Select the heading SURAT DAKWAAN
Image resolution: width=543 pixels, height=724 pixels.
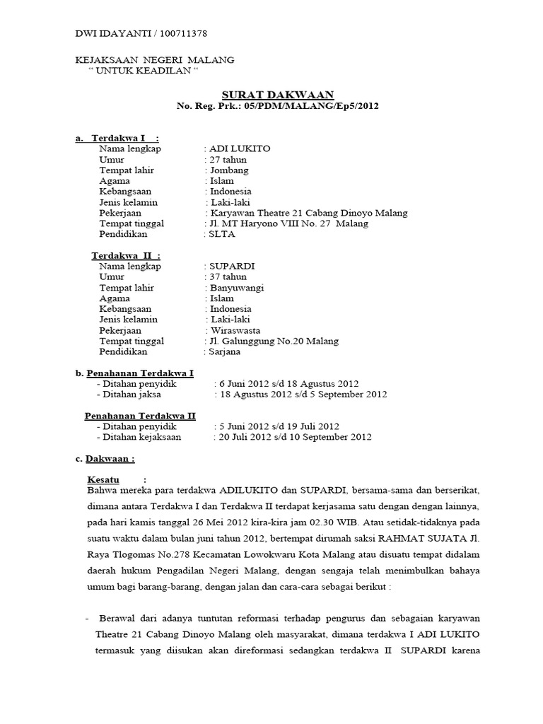[278, 95]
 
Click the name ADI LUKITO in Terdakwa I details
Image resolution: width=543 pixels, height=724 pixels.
[239, 148]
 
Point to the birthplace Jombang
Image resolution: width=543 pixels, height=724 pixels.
[228, 170]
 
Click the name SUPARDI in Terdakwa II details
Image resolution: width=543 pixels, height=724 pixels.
[231, 266]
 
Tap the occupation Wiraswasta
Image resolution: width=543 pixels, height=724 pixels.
[235, 330]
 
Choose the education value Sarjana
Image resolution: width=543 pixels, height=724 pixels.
[224, 351]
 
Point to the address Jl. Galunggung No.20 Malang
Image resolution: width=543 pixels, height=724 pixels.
[270, 341]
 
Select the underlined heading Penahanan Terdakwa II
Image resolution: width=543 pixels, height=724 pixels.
[140, 416]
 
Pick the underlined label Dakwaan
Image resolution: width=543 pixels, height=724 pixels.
[108, 459]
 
